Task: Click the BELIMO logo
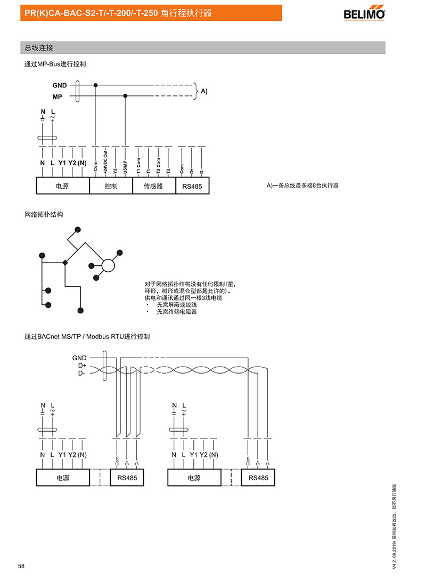[364, 13]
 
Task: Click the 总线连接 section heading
[39, 47]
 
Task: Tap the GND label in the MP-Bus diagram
[60, 85]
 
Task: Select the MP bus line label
[58, 97]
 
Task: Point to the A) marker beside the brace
[204, 91]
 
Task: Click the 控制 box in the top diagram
[111, 186]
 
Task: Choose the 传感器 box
[153, 186]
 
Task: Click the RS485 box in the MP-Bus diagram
[192, 186]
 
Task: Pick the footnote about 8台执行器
[302, 185]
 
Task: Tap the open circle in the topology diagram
[109, 265]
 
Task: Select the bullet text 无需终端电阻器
[177, 312]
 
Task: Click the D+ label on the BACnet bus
[82, 366]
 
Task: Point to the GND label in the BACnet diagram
[79, 358]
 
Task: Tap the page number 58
[21, 565]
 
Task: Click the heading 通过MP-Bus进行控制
[55, 64]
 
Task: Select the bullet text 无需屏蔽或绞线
[177, 305]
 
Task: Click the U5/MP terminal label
[125, 166]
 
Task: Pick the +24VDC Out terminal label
[105, 161]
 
